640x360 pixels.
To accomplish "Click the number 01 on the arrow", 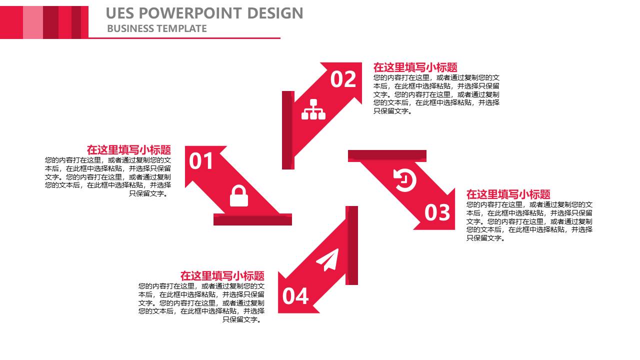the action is pyautogui.click(x=201, y=161).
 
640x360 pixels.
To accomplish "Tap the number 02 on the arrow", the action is pyautogui.click(x=343, y=79).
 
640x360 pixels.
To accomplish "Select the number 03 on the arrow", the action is pyautogui.click(x=437, y=212).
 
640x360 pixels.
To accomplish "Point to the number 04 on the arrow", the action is pyautogui.click(x=295, y=296).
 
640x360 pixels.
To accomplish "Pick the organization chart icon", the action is pyautogui.click(x=313, y=109).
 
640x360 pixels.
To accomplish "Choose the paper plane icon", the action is pyautogui.click(x=327, y=259).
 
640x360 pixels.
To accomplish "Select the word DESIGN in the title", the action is pyautogui.click(x=275, y=13).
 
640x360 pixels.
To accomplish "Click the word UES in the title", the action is pyautogui.click(x=119, y=13).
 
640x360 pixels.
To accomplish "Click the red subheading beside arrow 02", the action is pyautogui.click(x=415, y=67).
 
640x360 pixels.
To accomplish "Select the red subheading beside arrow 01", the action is pyautogui.click(x=129, y=149).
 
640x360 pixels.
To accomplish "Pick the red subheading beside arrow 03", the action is pyautogui.click(x=508, y=194).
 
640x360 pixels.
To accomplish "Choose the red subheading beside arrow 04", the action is pyautogui.click(x=222, y=275).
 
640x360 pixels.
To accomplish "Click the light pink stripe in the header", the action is pyautogui.click(x=33, y=22).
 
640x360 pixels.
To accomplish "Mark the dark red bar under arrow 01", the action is pyautogui.click(x=252, y=219).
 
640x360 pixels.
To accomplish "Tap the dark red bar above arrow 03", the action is pyautogui.click(x=387, y=156).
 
